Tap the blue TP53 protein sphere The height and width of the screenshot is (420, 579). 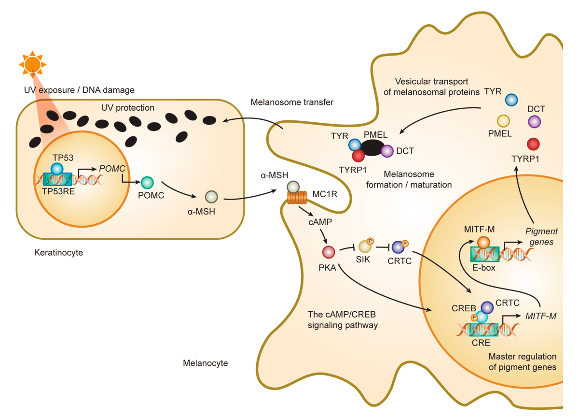pos(57,169)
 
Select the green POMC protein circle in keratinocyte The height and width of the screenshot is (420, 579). pos(147,183)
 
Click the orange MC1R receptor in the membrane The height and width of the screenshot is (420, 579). pos(297,199)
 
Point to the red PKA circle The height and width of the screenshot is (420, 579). pos(329,252)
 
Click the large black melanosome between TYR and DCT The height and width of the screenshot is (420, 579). pos(372,148)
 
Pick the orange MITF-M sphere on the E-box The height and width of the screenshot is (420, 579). pos(483,243)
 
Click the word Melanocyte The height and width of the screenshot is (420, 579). pos(205,363)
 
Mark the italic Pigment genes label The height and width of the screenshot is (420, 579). pos(541,236)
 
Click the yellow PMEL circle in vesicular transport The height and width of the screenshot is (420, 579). pos(503,121)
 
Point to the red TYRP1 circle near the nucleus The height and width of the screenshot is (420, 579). pos(533,144)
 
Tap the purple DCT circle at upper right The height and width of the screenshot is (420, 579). pos(535,121)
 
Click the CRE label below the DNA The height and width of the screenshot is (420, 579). pos(481,343)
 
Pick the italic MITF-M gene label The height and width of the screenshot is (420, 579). pos(540,316)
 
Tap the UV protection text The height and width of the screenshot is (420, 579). pos(128,108)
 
